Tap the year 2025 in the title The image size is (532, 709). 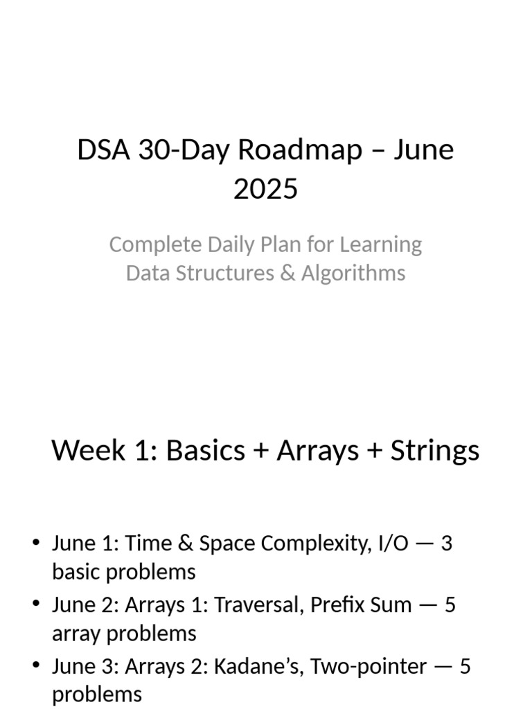(266, 188)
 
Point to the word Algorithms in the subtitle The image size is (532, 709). (353, 273)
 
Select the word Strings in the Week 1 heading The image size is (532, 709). (435, 451)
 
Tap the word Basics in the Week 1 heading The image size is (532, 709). (206, 451)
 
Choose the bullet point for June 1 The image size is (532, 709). (36, 544)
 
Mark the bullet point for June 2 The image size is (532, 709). (36, 604)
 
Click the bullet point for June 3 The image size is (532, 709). (36, 666)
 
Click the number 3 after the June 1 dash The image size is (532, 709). (446, 544)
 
